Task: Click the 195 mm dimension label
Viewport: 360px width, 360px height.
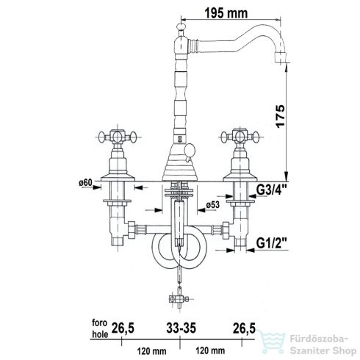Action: [x=226, y=13]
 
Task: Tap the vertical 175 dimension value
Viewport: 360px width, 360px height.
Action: [x=281, y=116]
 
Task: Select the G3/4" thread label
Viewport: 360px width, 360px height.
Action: [x=272, y=190]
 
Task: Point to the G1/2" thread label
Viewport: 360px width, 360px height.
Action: [x=272, y=243]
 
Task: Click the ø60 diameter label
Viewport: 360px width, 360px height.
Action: [x=85, y=182]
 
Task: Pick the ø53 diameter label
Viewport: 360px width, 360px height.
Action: [x=212, y=204]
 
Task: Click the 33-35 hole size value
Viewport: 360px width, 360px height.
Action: [x=181, y=328]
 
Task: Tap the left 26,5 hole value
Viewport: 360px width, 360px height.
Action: [x=123, y=328]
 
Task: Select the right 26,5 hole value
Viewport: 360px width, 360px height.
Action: [x=244, y=328]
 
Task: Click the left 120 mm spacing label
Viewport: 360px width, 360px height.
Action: [x=151, y=351]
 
